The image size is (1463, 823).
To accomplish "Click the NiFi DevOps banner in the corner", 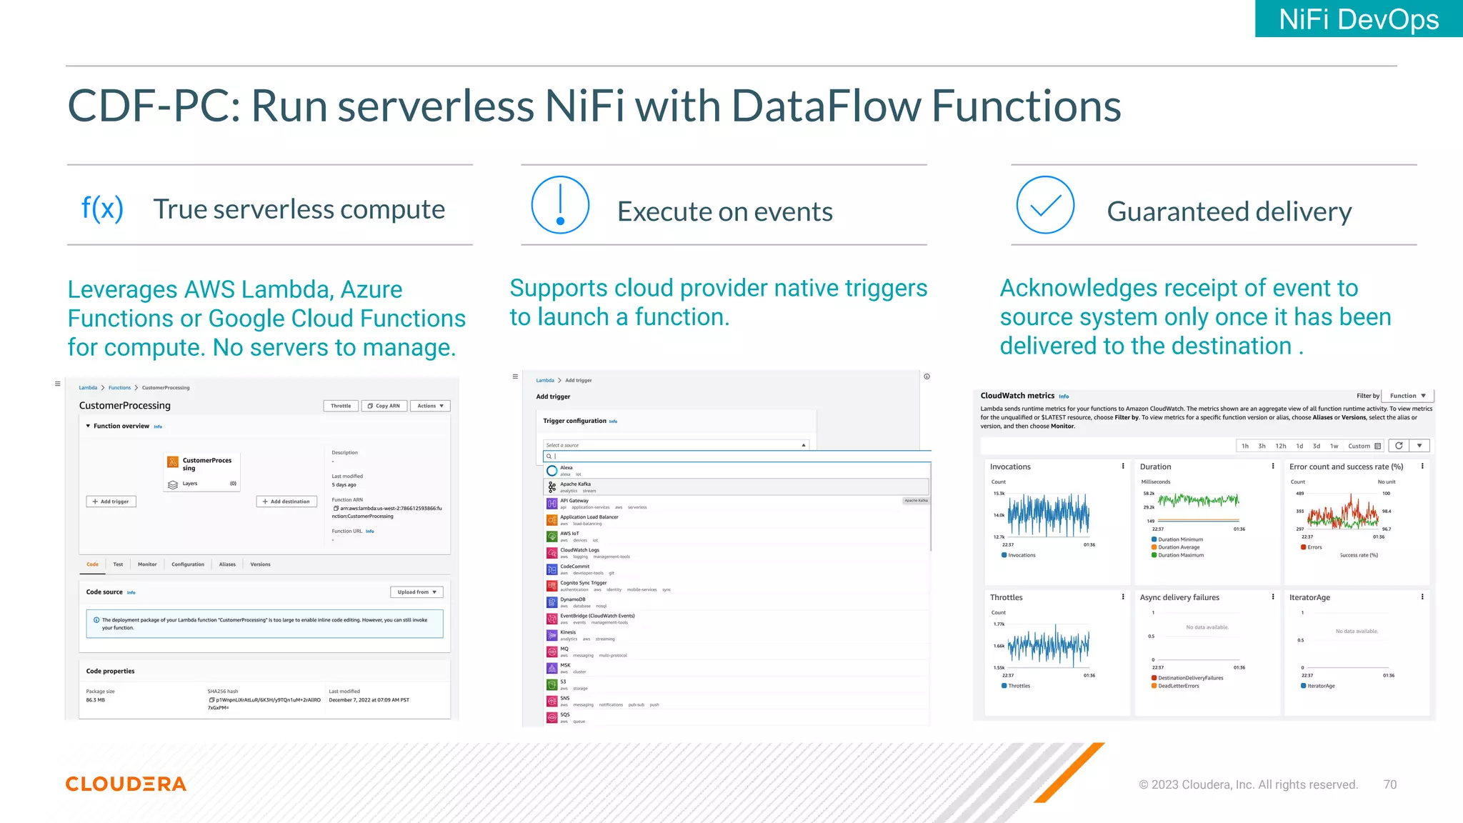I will [1358, 19].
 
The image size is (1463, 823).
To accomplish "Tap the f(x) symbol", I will [102, 208].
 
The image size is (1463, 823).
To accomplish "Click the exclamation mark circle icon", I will [560, 205].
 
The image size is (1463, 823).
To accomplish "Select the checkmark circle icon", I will [1045, 205].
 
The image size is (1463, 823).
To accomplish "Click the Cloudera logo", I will [126, 784].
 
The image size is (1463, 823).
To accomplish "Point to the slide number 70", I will [1389, 784].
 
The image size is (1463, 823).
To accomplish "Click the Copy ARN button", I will [384, 406].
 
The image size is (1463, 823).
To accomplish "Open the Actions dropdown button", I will [430, 406].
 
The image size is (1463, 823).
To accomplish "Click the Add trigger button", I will [111, 502].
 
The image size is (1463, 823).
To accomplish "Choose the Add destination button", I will [286, 502].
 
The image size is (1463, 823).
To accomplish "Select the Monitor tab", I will [147, 564].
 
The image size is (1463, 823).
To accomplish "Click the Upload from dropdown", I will [416, 592].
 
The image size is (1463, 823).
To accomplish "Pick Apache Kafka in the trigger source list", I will [576, 484].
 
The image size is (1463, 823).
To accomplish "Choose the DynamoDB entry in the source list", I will [573, 599].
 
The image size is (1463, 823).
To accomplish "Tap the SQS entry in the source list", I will [565, 714].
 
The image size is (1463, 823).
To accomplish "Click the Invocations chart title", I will [1010, 467].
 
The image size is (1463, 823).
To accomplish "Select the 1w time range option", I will [1334, 446].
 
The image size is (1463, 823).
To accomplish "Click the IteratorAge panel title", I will [1309, 598].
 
